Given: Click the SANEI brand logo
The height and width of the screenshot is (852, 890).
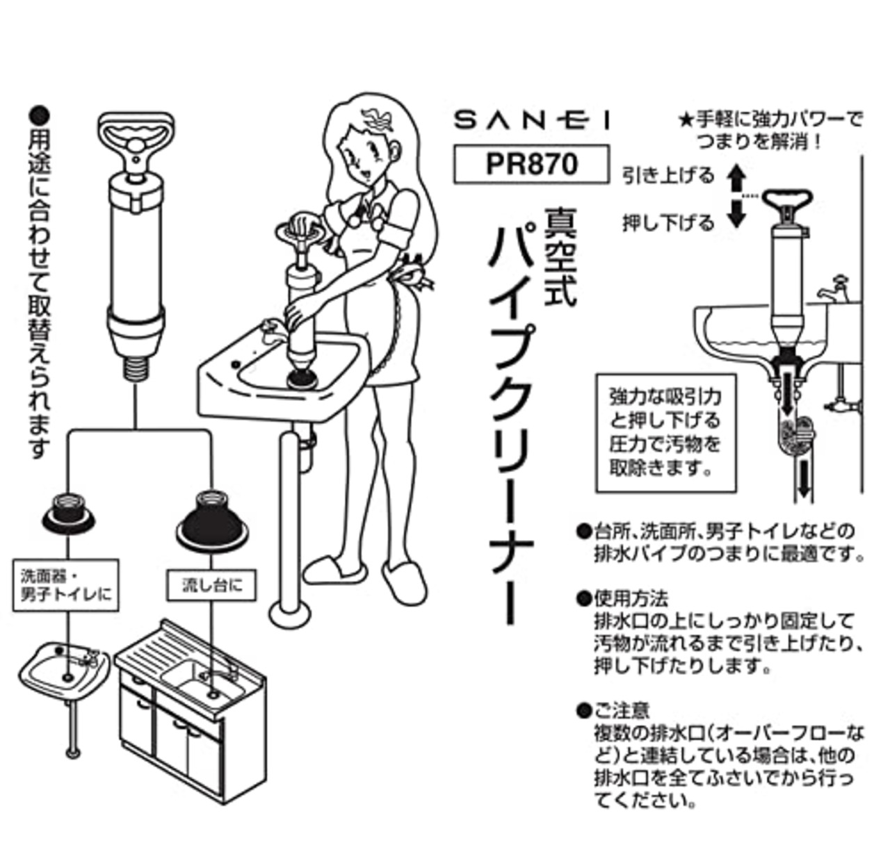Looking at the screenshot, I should point(531,121).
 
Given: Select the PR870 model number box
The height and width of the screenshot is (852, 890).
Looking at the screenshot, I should point(531,164).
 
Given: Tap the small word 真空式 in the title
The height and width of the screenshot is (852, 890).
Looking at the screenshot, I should point(561,257).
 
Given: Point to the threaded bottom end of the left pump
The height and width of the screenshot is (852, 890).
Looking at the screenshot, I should point(135,365).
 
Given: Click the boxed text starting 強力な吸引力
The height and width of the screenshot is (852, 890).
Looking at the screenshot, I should point(665,432).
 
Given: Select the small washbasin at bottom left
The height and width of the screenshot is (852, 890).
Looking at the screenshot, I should point(63,667).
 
